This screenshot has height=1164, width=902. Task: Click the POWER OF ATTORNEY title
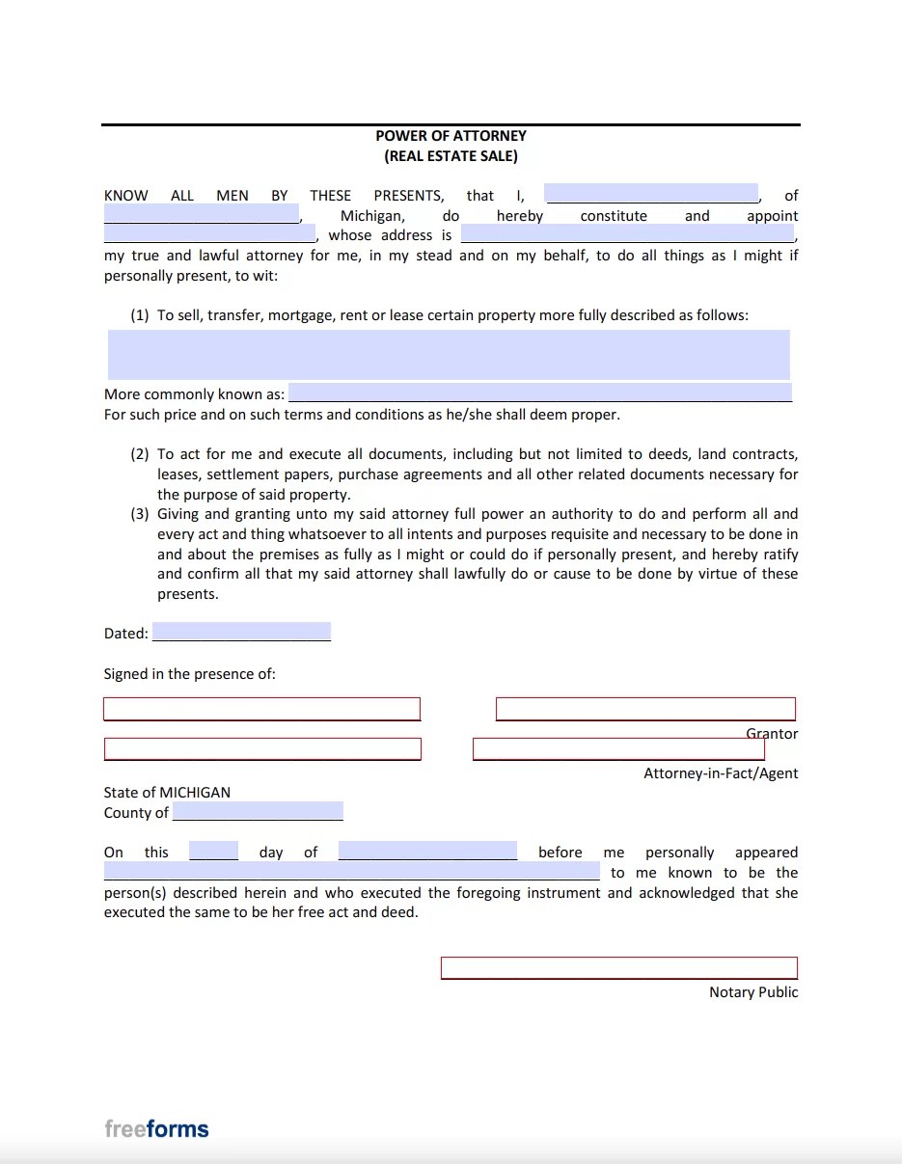[451, 136]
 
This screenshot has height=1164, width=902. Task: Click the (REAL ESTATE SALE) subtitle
[451, 156]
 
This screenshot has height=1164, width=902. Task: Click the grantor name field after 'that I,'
[651, 194]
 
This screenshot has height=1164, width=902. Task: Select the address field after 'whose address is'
[628, 234]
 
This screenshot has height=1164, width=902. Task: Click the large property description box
[449, 354]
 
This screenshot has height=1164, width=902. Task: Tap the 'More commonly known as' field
[540, 393]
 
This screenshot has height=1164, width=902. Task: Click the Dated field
[241, 633]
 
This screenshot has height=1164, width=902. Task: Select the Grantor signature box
[645, 709]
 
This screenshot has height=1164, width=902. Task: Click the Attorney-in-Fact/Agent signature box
[618, 749]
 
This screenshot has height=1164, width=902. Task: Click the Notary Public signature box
[619, 967]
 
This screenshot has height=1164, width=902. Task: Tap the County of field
[258, 812]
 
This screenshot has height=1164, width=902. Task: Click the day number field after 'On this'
[213, 852]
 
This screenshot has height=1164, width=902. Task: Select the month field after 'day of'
[427, 852]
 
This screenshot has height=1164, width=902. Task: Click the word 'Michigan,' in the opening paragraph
[372, 216]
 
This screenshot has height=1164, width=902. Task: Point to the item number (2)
[140, 454]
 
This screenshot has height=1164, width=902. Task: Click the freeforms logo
[156, 1128]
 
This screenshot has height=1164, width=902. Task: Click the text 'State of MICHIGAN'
[167, 792]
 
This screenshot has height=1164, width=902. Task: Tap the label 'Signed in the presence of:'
[190, 674]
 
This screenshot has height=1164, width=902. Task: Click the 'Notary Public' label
[753, 992]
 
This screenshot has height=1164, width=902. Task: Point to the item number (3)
[140, 514]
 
